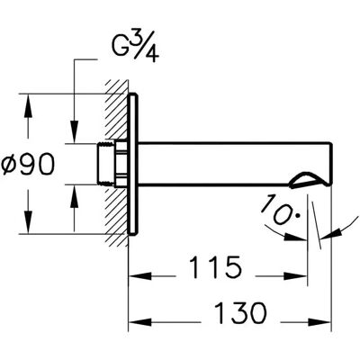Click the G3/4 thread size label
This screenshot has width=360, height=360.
[x=135, y=49]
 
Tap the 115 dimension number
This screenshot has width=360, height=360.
[x=215, y=266]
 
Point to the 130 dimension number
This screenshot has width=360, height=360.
[x=241, y=312]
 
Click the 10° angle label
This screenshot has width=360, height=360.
[x=281, y=210]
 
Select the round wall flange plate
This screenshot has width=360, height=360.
[x=133, y=164]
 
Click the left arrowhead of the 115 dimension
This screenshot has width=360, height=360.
[x=139, y=276]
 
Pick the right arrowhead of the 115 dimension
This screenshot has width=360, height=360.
[x=296, y=276]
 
